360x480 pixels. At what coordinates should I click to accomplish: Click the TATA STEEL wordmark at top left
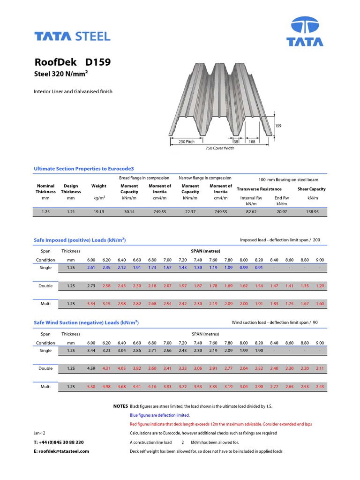[72, 36]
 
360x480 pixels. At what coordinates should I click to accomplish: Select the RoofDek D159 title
[73, 62]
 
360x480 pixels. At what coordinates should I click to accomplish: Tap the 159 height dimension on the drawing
[278, 126]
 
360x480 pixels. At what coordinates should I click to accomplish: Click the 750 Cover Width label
[220, 148]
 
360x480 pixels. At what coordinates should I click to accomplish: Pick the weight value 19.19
[99, 212]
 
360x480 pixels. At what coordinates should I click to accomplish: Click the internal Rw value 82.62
[251, 212]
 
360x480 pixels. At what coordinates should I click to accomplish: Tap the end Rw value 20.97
[282, 212]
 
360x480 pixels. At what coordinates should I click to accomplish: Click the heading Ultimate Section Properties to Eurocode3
[84, 168]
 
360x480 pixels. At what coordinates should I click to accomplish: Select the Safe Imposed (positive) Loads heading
[80, 240]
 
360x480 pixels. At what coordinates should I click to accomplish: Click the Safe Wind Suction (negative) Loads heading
[86, 323]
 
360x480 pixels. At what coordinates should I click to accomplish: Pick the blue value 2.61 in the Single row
[91, 268]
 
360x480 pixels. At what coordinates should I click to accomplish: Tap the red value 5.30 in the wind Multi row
[91, 387]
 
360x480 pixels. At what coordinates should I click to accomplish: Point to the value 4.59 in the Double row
[91, 368]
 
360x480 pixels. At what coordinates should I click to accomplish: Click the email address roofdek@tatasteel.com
[61, 451]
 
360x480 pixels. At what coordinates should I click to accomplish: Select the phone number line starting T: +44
[59, 442]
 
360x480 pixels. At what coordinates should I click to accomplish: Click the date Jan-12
[40, 433]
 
